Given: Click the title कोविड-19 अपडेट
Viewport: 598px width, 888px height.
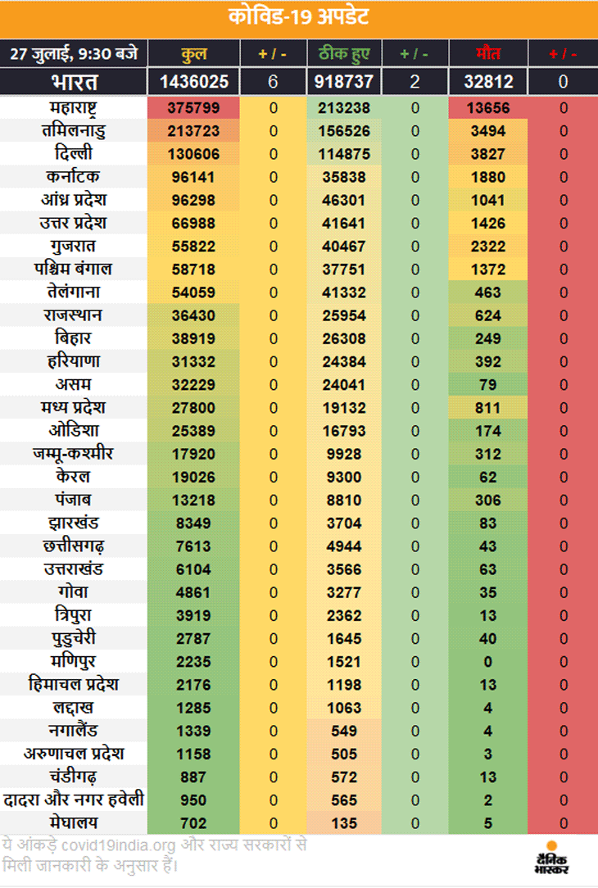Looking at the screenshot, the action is tap(298, 17).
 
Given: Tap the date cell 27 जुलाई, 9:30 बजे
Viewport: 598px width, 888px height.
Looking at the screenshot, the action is tap(74, 54).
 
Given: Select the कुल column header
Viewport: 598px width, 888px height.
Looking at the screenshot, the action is tap(193, 54).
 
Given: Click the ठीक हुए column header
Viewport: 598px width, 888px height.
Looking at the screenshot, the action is tap(344, 54).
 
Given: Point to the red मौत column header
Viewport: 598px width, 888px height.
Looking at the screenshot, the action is tap(488, 54).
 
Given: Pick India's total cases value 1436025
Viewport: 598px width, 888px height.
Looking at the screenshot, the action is tap(193, 82).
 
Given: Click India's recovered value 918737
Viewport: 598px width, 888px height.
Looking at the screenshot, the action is tap(344, 82).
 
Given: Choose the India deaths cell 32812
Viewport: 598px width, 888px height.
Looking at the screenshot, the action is tap(488, 82).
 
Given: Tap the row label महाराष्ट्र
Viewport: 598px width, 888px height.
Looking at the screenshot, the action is tap(73, 107).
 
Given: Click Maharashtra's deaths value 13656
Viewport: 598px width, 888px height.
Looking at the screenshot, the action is tap(488, 108).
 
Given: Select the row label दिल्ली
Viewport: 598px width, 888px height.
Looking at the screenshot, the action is tap(74, 153).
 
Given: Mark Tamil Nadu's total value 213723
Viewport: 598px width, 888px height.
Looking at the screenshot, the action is tap(193, 131).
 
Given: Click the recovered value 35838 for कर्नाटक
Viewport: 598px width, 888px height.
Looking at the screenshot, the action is tap(344, 177).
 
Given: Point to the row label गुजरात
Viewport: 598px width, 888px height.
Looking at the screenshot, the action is tap(73, 247).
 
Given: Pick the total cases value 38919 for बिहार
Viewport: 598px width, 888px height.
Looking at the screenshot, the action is tap(193, 338).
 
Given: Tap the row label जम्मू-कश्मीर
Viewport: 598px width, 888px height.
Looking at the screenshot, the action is tap(73, 454).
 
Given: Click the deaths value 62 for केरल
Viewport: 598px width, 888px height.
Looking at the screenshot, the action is tap(488, 478).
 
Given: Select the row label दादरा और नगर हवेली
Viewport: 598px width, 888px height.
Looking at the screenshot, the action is tap(74, 800).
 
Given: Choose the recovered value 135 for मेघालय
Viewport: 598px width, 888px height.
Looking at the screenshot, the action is tap(344, 823).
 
